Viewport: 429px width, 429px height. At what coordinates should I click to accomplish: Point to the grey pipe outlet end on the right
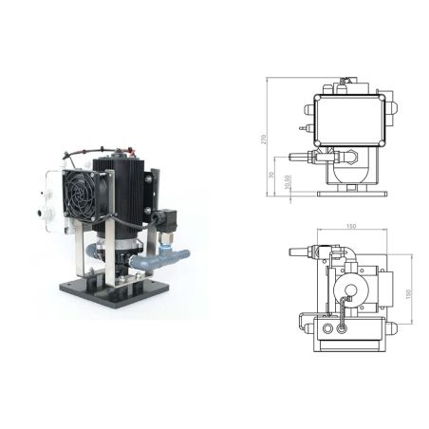coord(182,253)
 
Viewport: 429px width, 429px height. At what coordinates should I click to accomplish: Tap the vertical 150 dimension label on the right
coord(411,292)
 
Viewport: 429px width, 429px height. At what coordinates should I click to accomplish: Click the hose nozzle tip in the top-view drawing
coord(292,251)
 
